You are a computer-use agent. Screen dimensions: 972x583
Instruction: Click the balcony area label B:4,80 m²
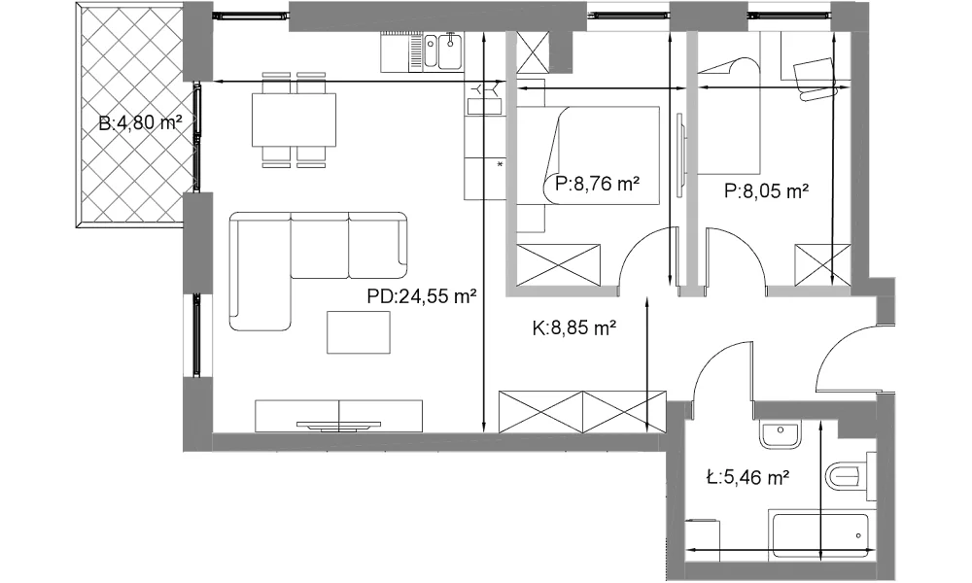pos(140,122)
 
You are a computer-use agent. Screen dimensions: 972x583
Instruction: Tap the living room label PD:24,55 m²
pos(422,296)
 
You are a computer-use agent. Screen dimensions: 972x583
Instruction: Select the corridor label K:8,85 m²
pos(574,327)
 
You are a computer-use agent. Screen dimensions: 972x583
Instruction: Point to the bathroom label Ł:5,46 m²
pos(747,477)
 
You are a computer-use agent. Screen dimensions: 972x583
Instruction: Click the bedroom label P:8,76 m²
pos(598,184)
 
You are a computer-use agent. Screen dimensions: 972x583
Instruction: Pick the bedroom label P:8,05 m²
pos(766,191)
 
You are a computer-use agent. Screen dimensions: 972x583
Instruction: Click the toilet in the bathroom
pos(850,476)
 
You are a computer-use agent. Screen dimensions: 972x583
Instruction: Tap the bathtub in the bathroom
pos(817,534)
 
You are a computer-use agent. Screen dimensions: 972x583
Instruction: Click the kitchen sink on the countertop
pos(442,51)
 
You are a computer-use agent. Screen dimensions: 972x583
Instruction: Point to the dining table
pos(294,120)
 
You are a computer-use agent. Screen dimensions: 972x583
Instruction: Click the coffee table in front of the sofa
pos(359,332)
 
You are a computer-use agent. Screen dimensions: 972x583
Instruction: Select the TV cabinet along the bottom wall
pos(338,416)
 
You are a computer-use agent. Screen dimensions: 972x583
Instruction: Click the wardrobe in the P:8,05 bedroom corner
pos(823,264)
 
